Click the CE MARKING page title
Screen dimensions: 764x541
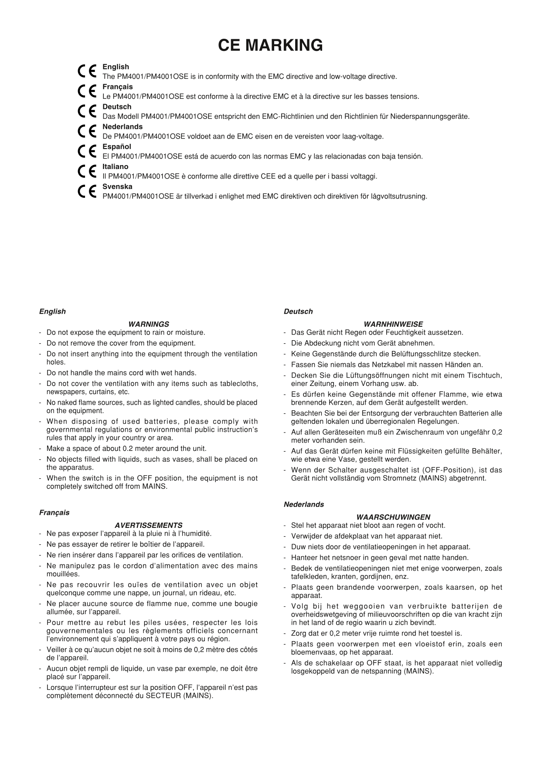point(270,45)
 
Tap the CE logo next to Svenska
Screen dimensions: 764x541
point(87,192)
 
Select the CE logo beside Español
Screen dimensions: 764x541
point(87,152)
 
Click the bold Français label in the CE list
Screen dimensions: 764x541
point(117,87)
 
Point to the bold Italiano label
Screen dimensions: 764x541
point(115,166)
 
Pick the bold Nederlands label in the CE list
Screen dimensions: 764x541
point(122,126)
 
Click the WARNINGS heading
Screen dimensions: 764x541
point(148,324)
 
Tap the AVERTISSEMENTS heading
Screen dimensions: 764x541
point(148,525)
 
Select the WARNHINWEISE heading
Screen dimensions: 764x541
point(393,324)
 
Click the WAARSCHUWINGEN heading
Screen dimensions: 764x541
point(393,517)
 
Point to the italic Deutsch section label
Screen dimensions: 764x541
point(298,311)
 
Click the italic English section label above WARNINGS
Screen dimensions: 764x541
point(52,311)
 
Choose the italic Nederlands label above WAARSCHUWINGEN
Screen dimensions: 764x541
point(303,504)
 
